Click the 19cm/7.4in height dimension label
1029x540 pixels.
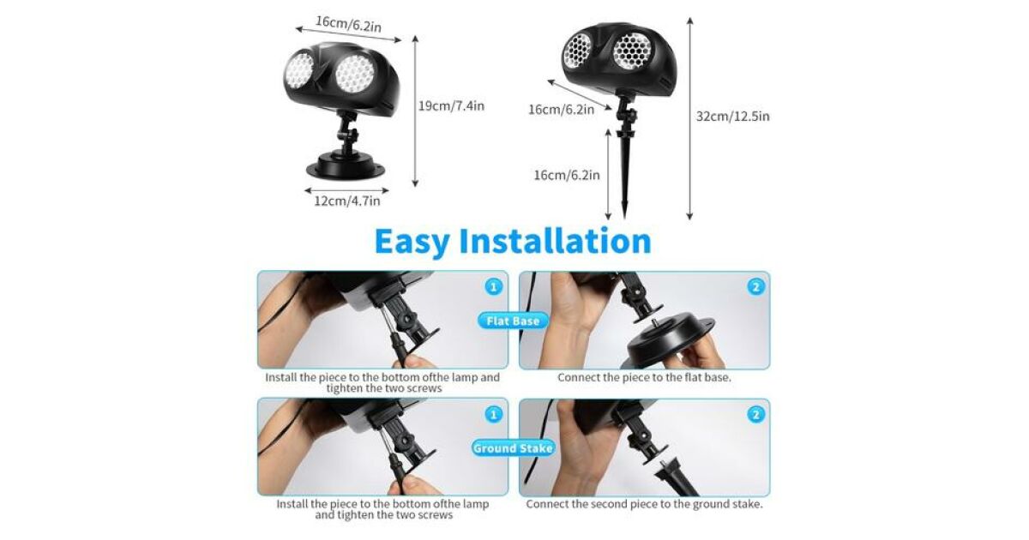click(x=451, y=106)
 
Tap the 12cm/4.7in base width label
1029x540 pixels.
click(x=347, y=201)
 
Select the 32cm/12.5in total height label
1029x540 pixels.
click(x=732, y=117)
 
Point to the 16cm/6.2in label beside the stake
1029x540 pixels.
click(x=567, y=175)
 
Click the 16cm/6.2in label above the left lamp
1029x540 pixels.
click(x=348, y=23)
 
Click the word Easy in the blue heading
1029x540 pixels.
click(x=412, y=242)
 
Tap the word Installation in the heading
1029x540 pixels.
click(x=556, y=241)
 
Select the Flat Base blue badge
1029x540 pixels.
click(x=513, y=321)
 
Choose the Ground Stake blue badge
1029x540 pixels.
click(x=513, y=448)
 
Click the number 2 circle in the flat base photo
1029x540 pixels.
click(x=755, y=287)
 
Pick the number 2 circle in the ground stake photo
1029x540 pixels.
click(x=755, y=415)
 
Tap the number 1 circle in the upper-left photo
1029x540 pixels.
click(x=493, y=287)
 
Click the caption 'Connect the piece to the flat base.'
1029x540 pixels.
click(x=644, y=377)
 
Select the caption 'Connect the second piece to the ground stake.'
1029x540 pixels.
click(x=644, y=504)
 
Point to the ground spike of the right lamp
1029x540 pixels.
click(x=625, y=177)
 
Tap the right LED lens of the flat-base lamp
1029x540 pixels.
click(x=355, y=74)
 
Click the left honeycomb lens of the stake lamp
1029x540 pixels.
click(x=577, y=51)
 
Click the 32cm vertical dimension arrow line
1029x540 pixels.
click(x=690, y=119)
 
